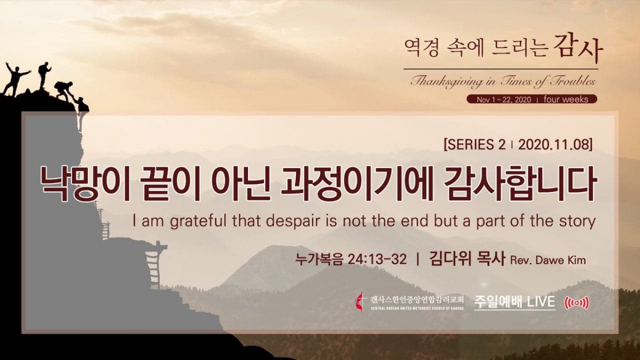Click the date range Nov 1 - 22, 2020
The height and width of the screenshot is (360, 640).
[503, 99]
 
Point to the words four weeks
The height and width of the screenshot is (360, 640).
[566, 99]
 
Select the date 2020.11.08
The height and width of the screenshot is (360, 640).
[553, 145]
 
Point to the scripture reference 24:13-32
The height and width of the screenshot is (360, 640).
[377, 259]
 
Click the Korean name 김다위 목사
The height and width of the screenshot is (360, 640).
[467, 259]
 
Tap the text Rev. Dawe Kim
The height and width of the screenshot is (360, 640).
[548, 260]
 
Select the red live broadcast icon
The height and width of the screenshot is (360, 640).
[577, 303]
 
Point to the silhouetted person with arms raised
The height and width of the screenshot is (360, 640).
[15, 78]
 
